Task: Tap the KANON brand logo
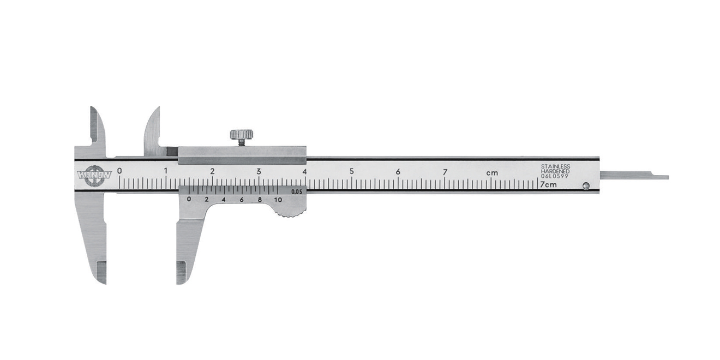(x=94, y=175)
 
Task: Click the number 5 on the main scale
(x=352, y=171)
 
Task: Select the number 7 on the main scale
(x=445, y=172)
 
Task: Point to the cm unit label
(x=492, y=173)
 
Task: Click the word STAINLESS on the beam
(x=555, y=166)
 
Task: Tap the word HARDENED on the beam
(x=555, y=171)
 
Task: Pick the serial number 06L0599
(x=555, y=176)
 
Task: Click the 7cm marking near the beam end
(x=548, y=184)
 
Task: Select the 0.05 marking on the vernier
(x=297, y=192)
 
